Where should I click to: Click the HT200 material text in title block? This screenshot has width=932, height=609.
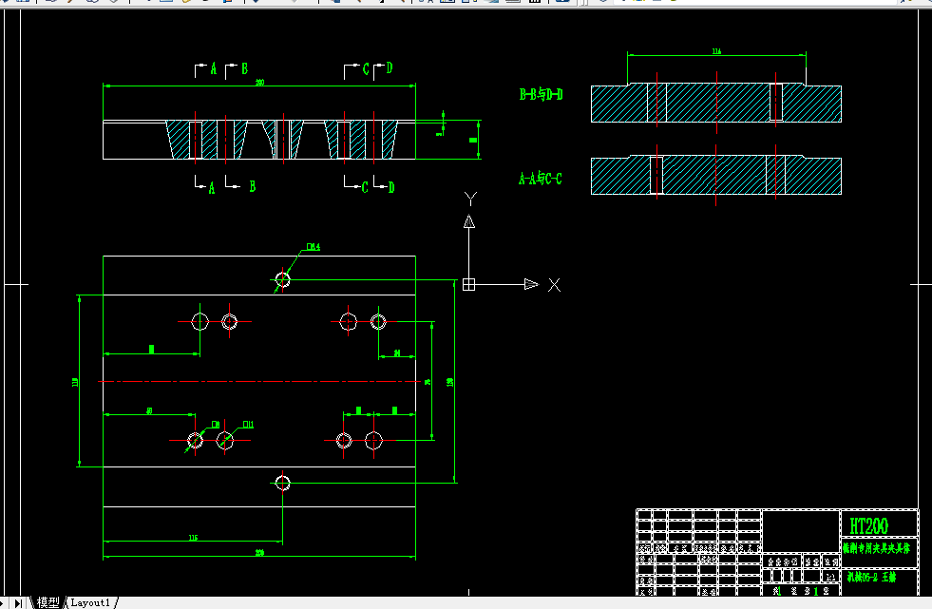869,525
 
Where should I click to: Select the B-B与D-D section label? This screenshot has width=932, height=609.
542,94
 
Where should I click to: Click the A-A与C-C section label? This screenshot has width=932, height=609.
540,178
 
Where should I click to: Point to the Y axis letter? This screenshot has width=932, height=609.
468,198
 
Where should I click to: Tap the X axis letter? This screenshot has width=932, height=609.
555,284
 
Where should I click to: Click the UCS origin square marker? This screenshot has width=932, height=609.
468,284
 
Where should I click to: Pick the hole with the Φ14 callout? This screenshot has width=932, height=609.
282,279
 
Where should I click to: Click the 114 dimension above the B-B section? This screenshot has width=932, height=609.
716,52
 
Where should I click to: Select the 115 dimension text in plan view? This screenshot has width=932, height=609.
193,538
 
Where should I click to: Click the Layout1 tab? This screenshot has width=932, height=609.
92,602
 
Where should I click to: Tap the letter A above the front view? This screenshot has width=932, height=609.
213,68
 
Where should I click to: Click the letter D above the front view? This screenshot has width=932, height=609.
389,68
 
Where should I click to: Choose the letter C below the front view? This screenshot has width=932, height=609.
365,187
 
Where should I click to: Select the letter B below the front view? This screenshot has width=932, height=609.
252,187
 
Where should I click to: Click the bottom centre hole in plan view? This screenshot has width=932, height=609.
282,483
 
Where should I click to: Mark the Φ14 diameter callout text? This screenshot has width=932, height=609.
313,247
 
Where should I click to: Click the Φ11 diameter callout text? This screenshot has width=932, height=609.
248,424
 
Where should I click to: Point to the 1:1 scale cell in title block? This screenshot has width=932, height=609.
832,576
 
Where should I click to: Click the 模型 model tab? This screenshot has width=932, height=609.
48,602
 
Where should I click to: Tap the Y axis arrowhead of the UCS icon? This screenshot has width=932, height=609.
468,221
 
